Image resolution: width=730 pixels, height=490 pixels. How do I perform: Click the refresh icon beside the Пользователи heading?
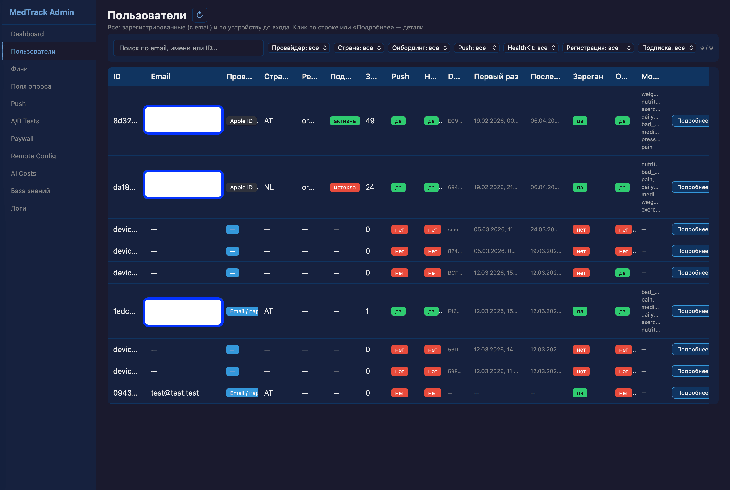[x=199, y=15]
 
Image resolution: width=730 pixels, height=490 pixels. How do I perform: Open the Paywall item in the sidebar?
[x=22, y=139]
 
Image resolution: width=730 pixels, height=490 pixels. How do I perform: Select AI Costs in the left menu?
[x=23, y=173]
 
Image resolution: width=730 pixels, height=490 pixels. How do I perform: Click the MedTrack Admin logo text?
[x=41, y=12]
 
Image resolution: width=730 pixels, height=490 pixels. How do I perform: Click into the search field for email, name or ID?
[x=188, y=48]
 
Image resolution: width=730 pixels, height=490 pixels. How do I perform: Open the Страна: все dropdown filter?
[x=359, y=48]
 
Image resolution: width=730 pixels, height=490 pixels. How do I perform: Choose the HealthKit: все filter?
[x=531, y=48]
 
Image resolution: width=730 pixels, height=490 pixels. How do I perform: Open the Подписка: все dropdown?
[x=667, y=48]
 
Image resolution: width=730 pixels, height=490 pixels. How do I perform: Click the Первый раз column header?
[x=496, y=77]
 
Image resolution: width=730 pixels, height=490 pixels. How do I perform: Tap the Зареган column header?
[x=588, y=77]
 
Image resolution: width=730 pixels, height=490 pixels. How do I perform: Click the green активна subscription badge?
[x=344, y=121]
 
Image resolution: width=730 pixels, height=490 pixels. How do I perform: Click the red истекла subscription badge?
[x=344, y=188]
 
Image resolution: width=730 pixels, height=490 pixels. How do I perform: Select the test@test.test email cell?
[x=174, y=393]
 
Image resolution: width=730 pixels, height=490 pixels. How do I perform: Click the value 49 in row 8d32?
[x=370, y=121]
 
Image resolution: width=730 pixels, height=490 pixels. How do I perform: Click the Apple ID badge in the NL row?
[x=241, y=188]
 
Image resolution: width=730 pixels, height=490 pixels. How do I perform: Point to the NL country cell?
[x=269, y=188]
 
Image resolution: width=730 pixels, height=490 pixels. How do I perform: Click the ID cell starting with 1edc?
[x=124, y=311]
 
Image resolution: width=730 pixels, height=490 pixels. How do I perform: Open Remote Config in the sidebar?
[x=33, y=156]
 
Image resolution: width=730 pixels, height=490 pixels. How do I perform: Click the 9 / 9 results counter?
[x=706, y=48]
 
